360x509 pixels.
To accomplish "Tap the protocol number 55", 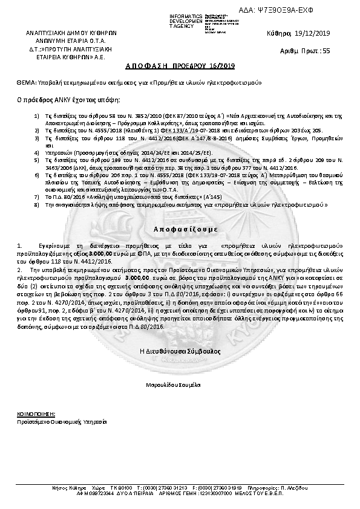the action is click(x=327, y=51).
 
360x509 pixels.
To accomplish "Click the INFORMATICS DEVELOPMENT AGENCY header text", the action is click(x=187, y=20).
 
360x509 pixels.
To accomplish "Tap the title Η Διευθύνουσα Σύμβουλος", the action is click(x=180, y=350).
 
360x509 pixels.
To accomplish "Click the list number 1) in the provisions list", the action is click(x=37, y=114).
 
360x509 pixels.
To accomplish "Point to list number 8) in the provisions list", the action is click(x=37, y=205).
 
